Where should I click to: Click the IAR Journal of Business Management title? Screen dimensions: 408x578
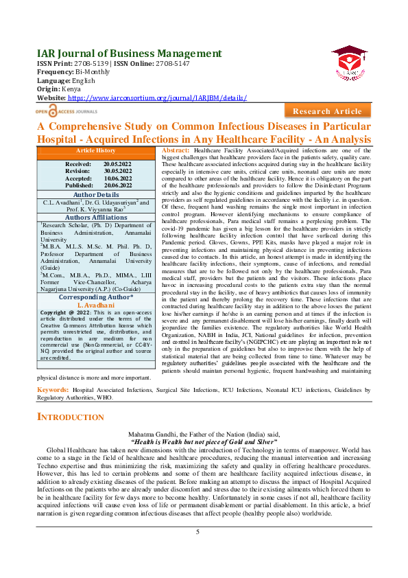coord(129,54)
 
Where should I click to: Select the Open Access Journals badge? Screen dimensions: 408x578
coord(67,110)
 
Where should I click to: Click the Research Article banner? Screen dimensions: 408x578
coord(326,111)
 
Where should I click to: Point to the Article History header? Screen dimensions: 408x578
coord(95,150)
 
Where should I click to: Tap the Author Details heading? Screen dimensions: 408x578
coord(95,195)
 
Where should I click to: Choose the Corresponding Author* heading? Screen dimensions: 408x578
coord(95,297)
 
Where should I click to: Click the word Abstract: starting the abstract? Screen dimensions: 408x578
coord(176,150)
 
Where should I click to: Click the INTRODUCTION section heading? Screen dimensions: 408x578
coord(71,417)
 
